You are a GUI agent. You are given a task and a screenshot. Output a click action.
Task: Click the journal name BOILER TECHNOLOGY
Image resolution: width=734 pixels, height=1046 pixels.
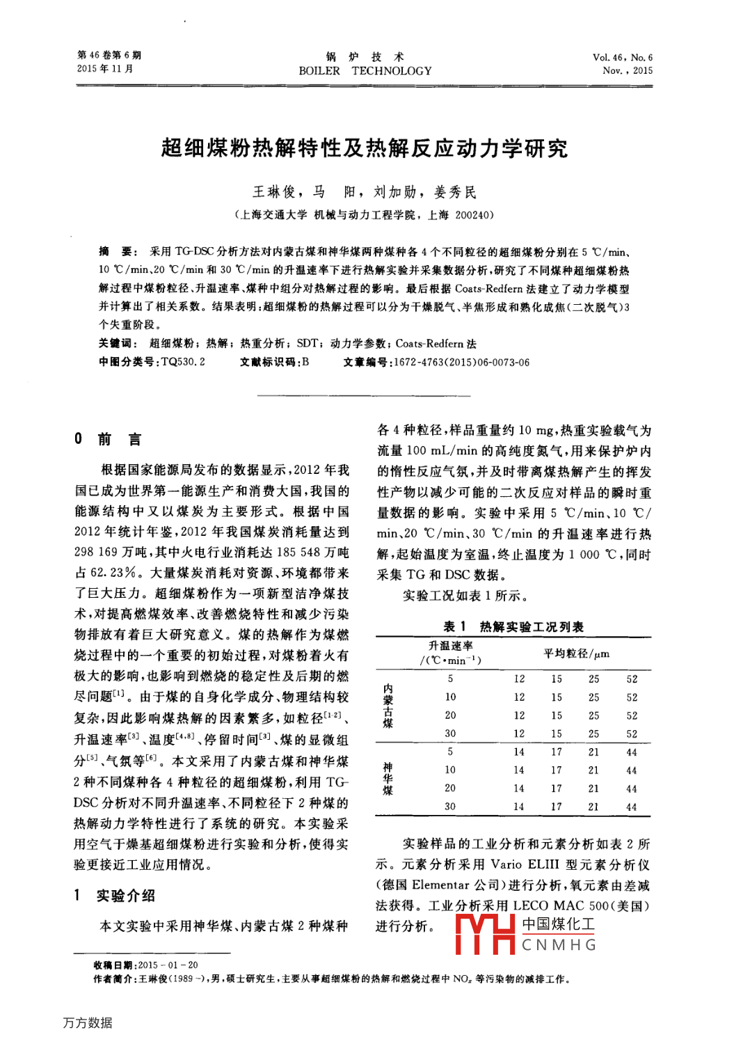click(x=365, y=71)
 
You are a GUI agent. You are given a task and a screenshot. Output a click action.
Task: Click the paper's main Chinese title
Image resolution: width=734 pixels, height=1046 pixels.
click(x=365, y=148)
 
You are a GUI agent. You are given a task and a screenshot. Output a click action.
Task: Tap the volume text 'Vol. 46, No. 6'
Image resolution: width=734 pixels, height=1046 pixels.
click(x=622, y=58)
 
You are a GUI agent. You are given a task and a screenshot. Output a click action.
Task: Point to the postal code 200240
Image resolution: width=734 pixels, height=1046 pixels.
click(x=471, y=215)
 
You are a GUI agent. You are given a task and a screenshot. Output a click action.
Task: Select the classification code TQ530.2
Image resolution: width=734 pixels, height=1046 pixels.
click(x=183, y=362)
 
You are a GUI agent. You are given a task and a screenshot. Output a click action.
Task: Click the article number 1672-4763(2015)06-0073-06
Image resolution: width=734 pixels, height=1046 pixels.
click(x=461, y=362)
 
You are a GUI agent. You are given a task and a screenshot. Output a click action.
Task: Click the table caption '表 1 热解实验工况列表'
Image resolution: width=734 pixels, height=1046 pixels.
click(x=513, y=626)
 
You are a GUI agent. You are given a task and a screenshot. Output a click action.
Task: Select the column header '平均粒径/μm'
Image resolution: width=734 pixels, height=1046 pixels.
click(x=576, y=653)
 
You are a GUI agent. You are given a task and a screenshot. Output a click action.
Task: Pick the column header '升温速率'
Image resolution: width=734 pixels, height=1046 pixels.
click(x=450, y=646)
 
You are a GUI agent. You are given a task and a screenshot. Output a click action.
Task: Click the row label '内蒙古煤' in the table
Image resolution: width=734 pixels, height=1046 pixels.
click(x=388, y=706)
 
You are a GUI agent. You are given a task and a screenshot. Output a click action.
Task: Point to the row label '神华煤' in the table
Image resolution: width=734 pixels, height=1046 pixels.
click(x=388, y=779)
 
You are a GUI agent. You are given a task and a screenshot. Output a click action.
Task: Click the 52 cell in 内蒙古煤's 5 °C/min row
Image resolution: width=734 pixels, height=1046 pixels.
click(x=632, y=679)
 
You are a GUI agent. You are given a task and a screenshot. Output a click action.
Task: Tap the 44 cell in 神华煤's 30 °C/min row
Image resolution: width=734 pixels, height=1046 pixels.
click(x=631, y=807)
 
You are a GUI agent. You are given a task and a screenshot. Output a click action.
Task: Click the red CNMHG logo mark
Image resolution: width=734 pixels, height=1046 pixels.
click(x=485, y=934)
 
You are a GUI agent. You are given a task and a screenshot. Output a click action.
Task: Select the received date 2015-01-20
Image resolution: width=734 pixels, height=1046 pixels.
click(x=168, y=965)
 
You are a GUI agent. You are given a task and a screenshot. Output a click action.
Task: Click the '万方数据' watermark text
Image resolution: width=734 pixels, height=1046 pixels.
click(x=88, y=1022)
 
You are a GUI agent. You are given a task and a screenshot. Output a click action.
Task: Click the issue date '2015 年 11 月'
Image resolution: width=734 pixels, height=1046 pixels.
click(x=105, y=69)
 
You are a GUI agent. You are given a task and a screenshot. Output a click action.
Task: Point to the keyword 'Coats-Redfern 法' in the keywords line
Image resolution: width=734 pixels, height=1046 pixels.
click(x=436, y=343)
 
